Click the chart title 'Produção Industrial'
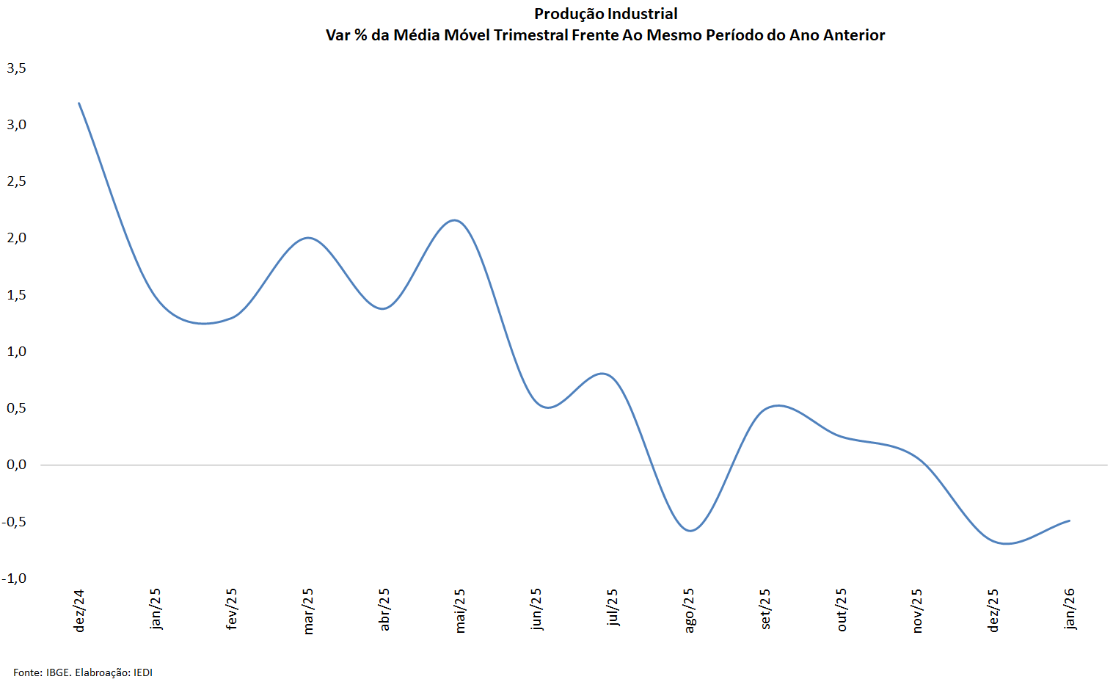point(605,14)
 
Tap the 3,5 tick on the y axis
point(16,68)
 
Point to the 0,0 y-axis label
point(16,465)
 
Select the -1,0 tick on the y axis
point(14,578)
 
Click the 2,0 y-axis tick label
point(16,238)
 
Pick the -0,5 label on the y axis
point(14,522)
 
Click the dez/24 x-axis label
point(79,610)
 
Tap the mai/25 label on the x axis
point(460,610)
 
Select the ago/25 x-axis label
point(689,610)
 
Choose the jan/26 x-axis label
point(1070,609)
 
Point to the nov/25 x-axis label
point(917,610)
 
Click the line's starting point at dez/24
point(79,104)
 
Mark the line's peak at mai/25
point(456,220)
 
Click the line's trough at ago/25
point(690,531)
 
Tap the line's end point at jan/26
point(1069,520)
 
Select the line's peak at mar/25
point(307,238)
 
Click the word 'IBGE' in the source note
point(58,672)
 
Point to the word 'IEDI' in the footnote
point(143,672)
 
